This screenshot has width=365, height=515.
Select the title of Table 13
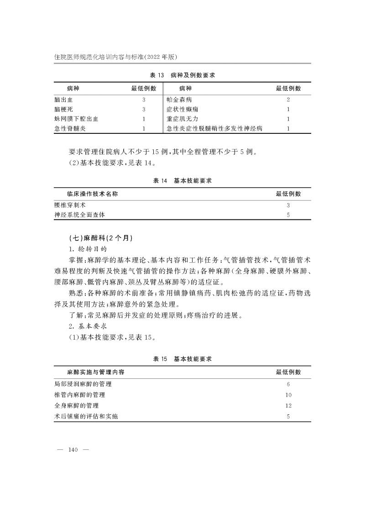(182, 75)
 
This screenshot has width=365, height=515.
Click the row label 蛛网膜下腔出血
(76, 119)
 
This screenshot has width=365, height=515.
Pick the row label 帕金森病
(179, 99)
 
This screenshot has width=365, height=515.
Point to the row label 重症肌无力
(182, 119)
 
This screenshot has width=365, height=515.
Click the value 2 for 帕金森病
(288, 99)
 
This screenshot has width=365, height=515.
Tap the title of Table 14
(182, 181)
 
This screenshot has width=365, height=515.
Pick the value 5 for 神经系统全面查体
(288, 215)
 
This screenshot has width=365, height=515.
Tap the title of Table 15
(182, 359)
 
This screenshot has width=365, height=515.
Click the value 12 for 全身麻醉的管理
(288, 406)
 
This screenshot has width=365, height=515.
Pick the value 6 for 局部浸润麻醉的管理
(288, 385)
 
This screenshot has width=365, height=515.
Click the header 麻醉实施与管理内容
(96, 372)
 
